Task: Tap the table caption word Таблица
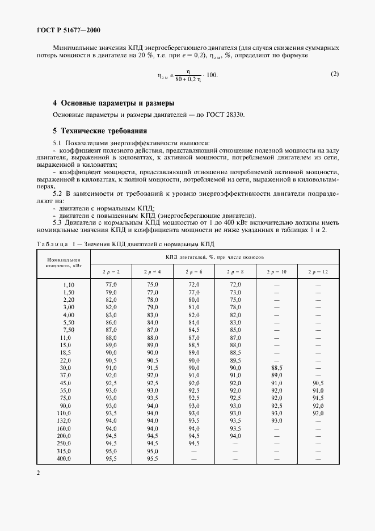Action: (x=51, y=244)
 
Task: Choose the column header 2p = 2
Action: (x=111, y=272)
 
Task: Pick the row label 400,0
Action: (x=66, y=458)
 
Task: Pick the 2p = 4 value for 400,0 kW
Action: (x=153, y=458)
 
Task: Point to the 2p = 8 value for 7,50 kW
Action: (x=236, y=329)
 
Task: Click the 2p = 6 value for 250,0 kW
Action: (x=194, y=443)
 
